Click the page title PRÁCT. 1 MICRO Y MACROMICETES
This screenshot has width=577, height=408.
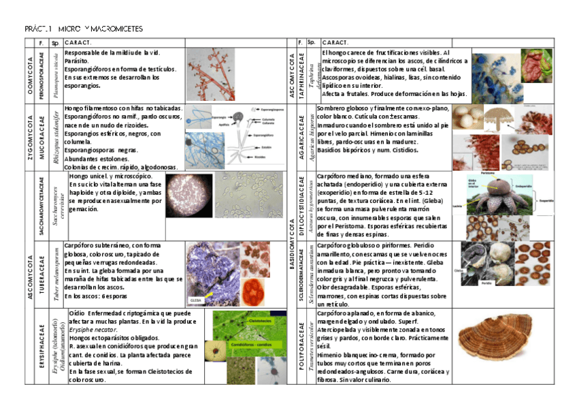click(84, 30)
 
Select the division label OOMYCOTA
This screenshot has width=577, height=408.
click(31, 75)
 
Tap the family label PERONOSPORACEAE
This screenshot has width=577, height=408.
click(42, 75)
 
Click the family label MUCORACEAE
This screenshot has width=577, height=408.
click(42, 137)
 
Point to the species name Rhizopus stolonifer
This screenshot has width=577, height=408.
click(56, 137)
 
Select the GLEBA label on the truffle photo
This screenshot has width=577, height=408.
click(197, 298)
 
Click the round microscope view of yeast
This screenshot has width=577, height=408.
click(190, 195)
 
